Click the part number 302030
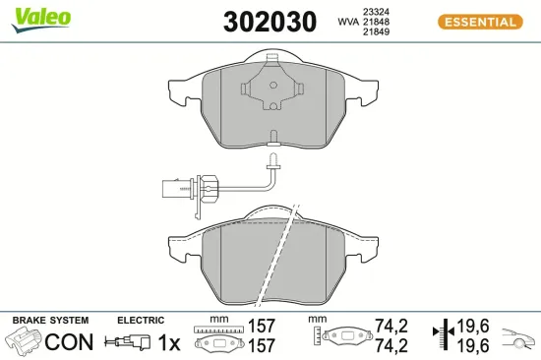click(270, 21)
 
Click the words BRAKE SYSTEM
click(50, 321)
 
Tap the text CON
click(70, 342)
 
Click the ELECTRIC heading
click(140, 321)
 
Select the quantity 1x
click(170, 342)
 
